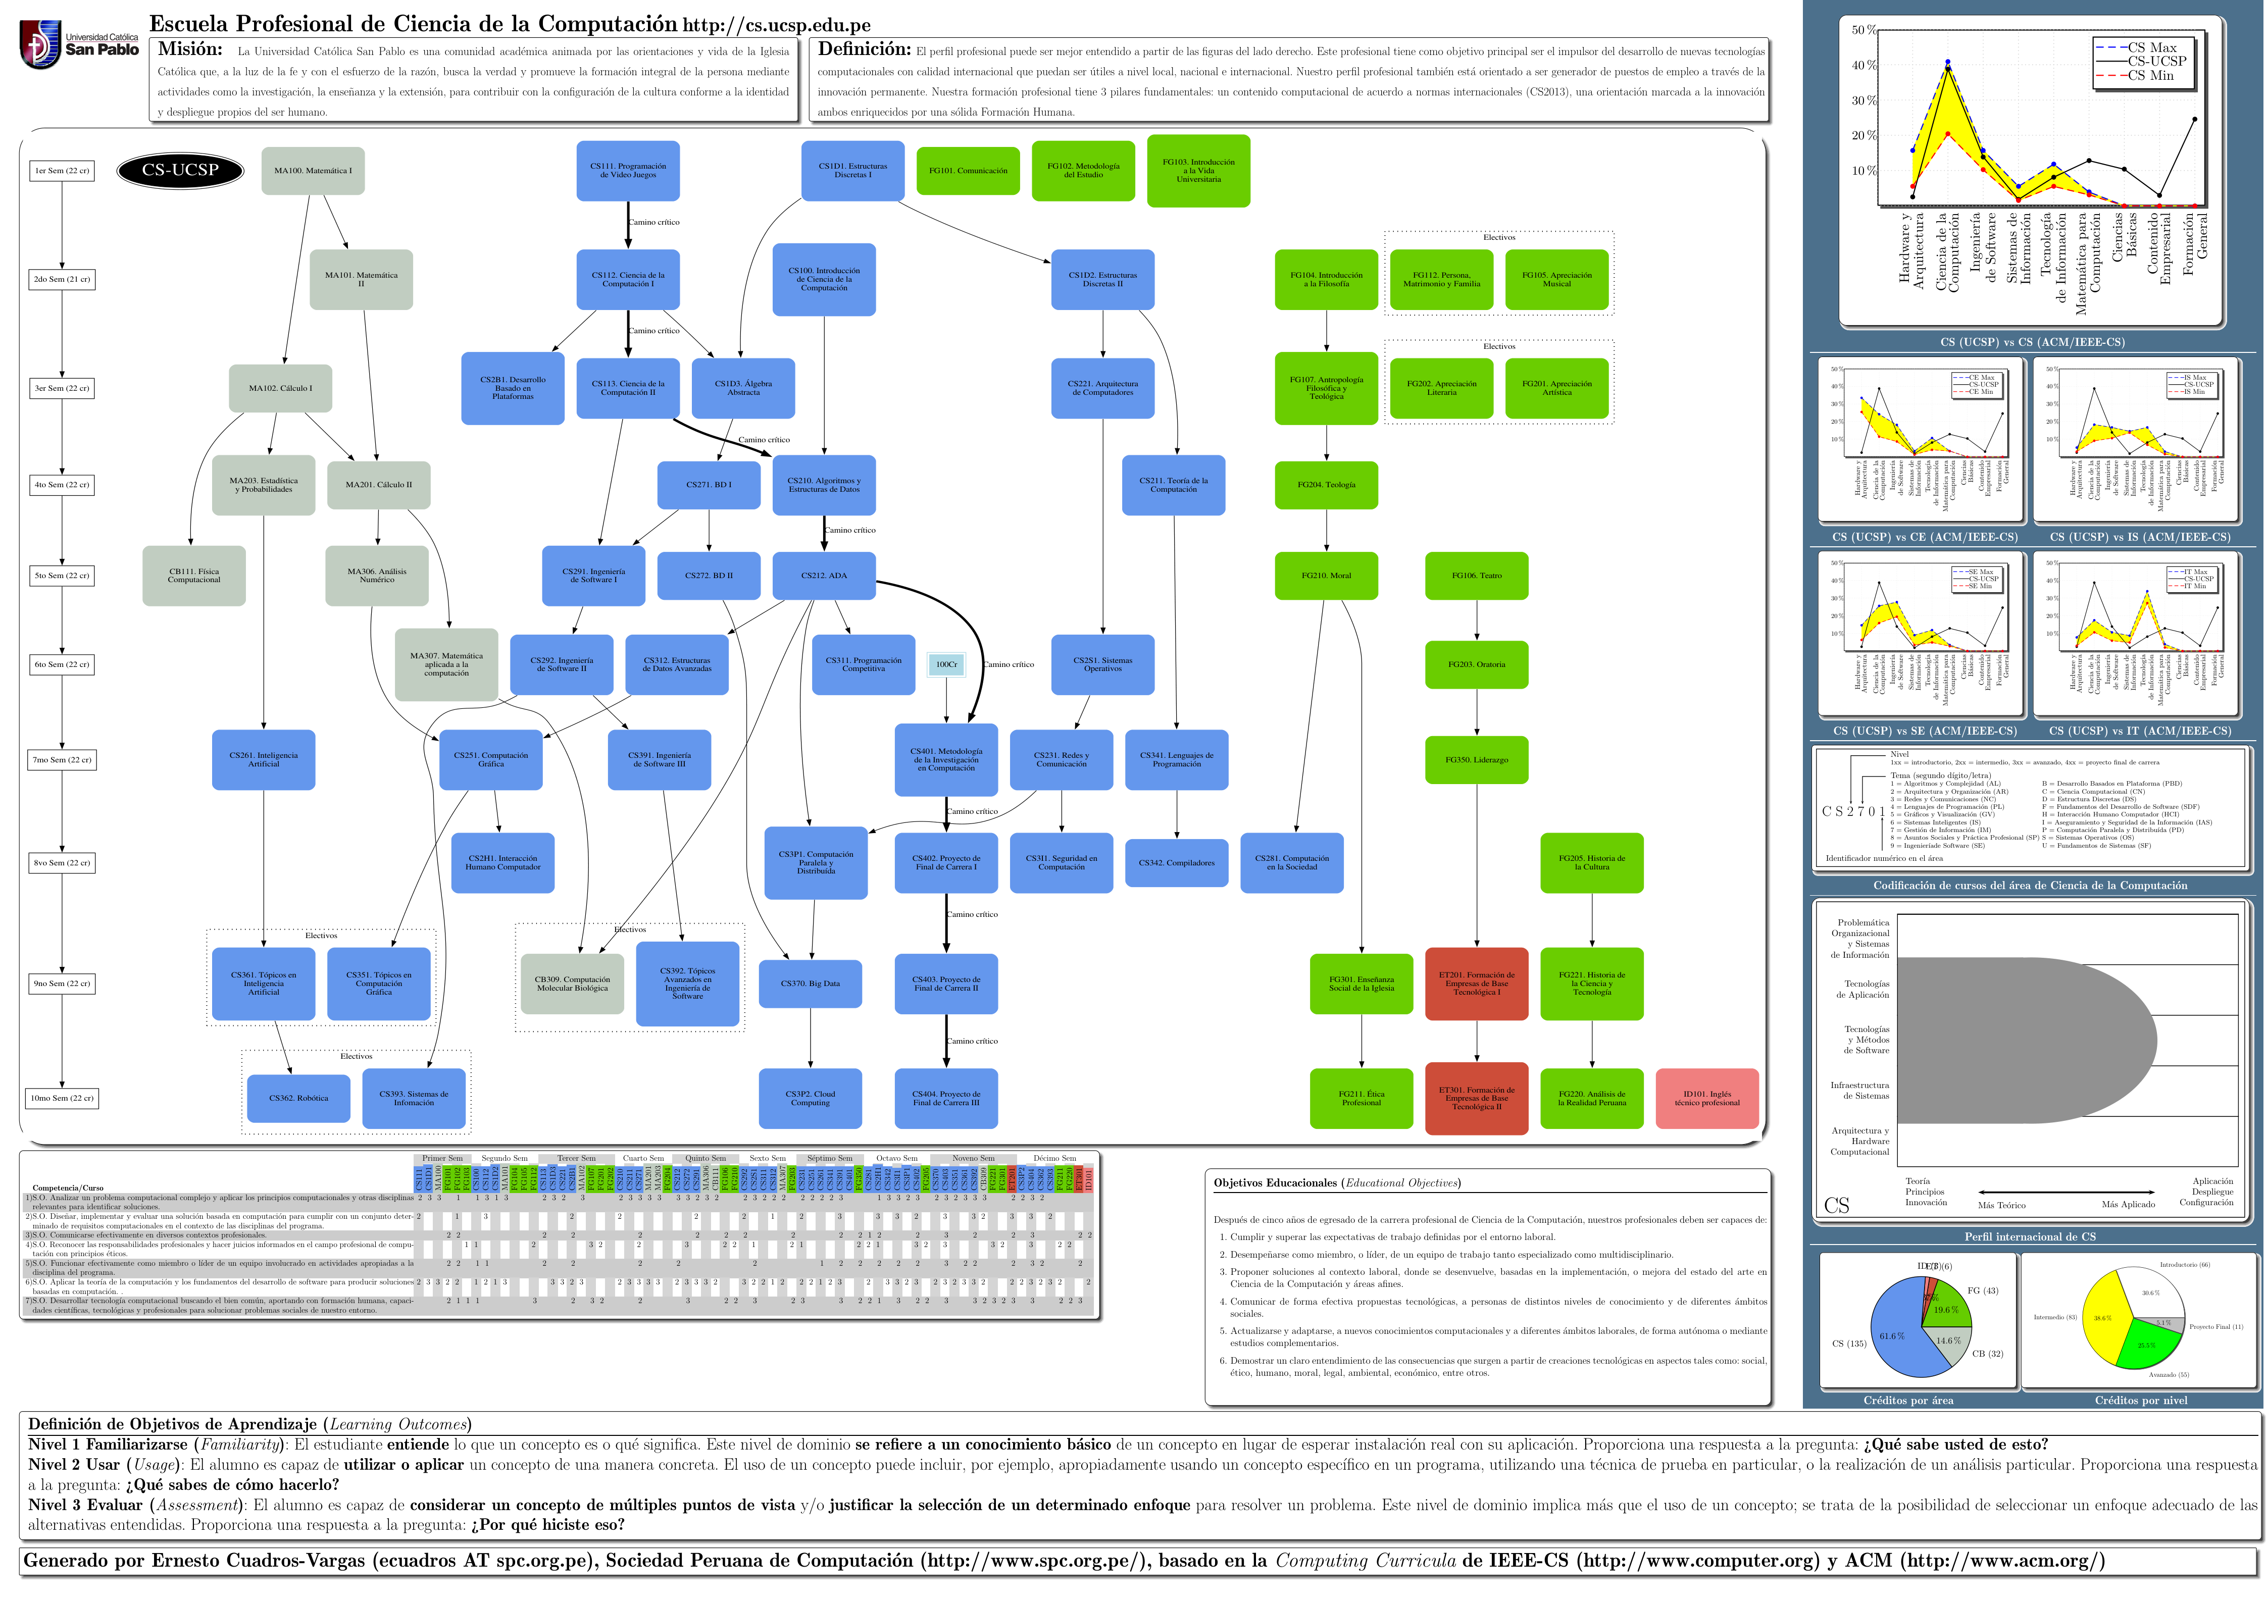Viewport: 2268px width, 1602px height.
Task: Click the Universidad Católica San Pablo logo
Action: (79, 44)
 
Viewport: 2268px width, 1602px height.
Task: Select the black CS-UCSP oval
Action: (180, 170)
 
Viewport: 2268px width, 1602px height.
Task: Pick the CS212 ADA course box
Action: (824, 576)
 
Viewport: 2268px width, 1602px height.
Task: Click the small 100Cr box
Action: (946, 665)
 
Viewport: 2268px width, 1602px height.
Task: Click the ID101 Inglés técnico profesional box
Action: (1707, 1098)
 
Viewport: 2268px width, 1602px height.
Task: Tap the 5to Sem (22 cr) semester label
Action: (61, 576)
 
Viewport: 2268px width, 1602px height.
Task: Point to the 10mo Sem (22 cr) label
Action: (61, 1098)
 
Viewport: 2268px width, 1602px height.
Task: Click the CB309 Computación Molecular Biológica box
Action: (572, 984)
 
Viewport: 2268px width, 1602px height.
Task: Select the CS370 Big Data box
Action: (810, 984)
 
